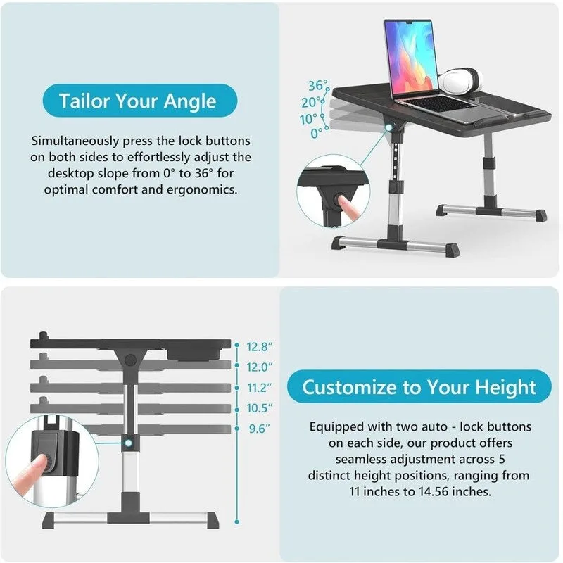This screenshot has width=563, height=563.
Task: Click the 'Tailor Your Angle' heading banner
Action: [138, 101]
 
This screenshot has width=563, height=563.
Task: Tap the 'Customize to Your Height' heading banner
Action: [419, 386]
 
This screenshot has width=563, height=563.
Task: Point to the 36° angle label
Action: [318, 86]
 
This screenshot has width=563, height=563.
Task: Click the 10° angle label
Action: [308, 118]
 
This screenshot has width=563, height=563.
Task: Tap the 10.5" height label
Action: [259, 407]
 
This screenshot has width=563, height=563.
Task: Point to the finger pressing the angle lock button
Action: [348, 206]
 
